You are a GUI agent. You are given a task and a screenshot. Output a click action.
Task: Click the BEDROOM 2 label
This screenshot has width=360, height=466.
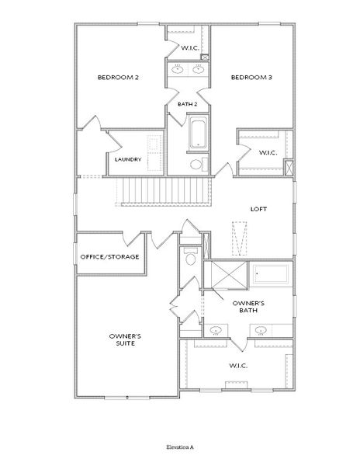click(117, 78)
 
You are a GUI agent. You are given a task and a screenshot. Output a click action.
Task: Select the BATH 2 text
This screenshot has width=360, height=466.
click(187, 104)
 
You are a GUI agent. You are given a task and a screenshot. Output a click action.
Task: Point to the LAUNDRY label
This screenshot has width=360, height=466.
click(127, 160)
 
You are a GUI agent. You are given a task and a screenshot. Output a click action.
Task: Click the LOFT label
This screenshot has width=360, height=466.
click(259, 209)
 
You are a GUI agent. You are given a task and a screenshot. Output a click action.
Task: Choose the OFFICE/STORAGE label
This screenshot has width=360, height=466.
click(109, 256)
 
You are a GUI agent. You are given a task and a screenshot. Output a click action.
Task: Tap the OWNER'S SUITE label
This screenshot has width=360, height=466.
click(125, 340)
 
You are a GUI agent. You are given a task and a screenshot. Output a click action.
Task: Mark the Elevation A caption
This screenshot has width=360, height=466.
click(180, 448)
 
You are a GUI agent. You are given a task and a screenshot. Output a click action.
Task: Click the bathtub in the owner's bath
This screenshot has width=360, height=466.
click(270, 274)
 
